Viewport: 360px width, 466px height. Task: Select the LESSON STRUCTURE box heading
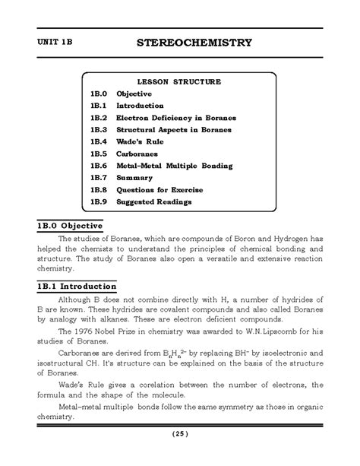point(179,81)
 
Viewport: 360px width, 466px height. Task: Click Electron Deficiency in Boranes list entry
point(175,117)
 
